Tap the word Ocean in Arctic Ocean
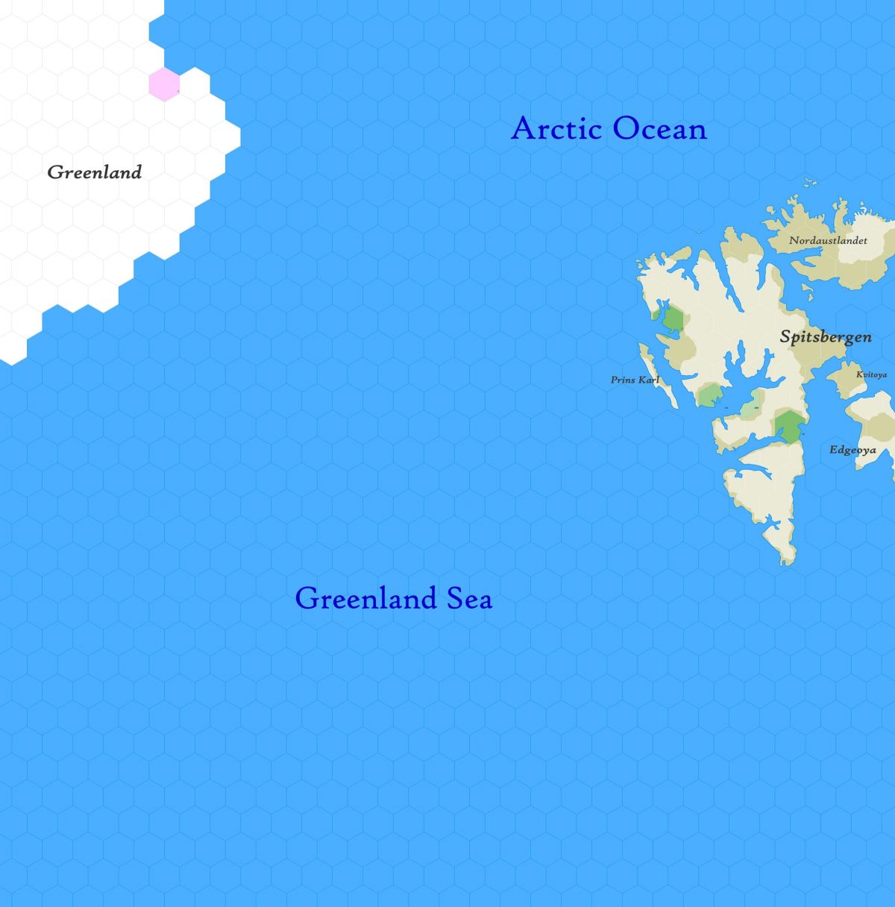(x=659, y=129)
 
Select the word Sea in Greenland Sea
(x=469, y=598)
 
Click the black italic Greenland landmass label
(x=95, y=172)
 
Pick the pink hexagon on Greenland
(x=163, y=84)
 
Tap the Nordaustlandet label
(x=828, y=240)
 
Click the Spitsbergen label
(x=826, y=336)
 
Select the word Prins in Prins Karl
(x=623, y=380)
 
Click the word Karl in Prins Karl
(x=649, y=380)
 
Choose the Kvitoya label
(x=871, y=374)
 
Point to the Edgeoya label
(x=852, y=450)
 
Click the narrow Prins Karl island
(x=659, y=380)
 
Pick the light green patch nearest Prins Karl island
(x=710, y=395)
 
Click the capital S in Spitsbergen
(x=785, y=336)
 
